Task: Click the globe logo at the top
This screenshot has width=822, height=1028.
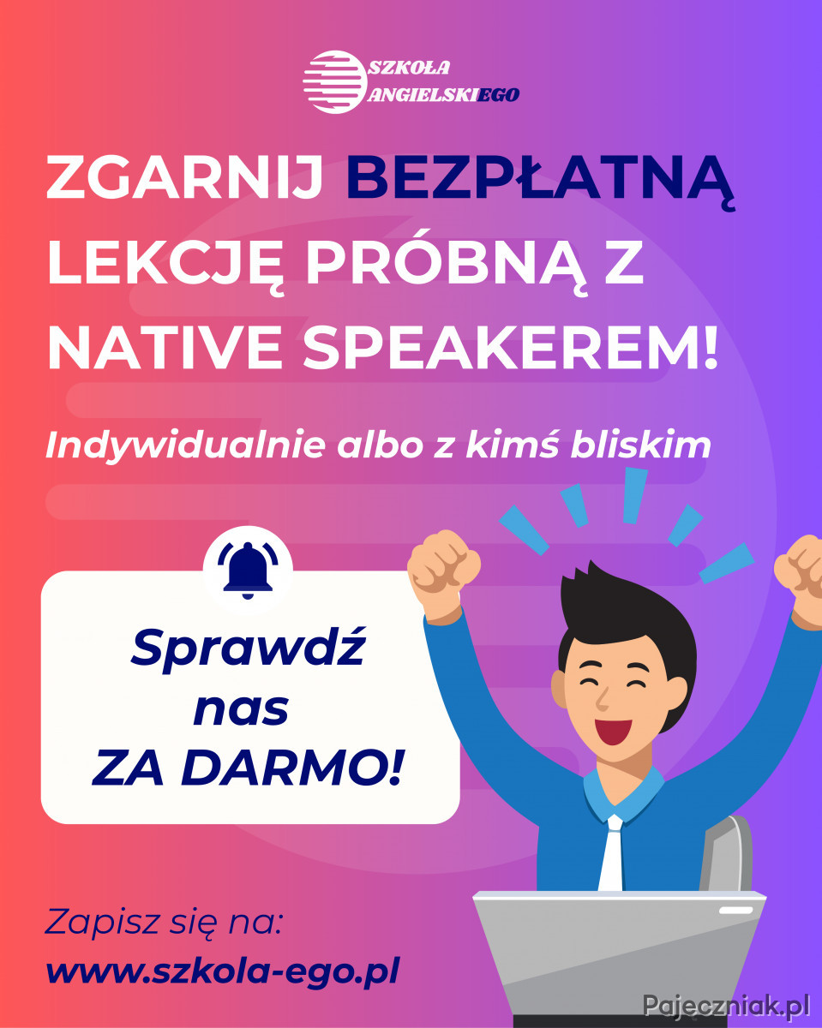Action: pyautogui.click(x=334, y=81)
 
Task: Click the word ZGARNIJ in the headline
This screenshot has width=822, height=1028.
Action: pyautogui.click(x=184, y=177)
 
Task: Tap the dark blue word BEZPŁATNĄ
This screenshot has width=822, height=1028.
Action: pyautogui.click(x=539, y=182)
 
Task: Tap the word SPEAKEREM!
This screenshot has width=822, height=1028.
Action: pyautogui.click(x=511, y=347)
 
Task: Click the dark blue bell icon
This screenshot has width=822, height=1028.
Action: pyautogui.click(x=248, y=571)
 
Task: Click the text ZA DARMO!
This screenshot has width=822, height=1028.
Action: pyautogui.click(x=248, y=768)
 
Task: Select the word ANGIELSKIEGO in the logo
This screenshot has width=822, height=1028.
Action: pyautogui.click(x=443, y=94)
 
